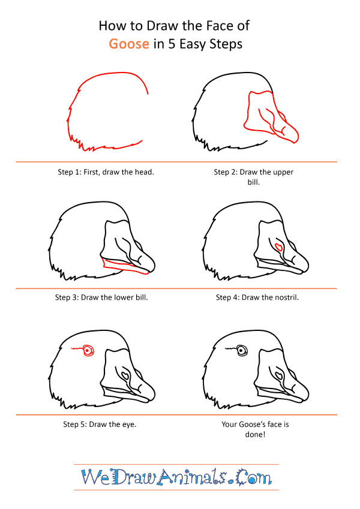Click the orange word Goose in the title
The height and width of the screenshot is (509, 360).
pyautogui.click(x=129, y=44)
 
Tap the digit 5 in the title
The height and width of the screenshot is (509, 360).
pyautogui.click(x=171, y=44)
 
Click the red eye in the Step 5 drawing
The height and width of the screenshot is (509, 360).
pyautogui.click(x=88, y=351)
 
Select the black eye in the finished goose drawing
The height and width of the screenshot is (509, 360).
pyautogui.click(x=241, y=351)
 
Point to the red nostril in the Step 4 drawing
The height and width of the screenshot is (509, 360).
pyautogui.click(x=278, y=248)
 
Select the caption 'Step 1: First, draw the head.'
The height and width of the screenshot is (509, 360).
pyautogui.click(x=106, y=172)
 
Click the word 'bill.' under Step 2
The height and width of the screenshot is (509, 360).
pyautogui.click(x=254, y=182)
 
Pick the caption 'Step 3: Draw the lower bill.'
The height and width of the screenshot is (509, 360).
pyautogui.click(x=101, y=297)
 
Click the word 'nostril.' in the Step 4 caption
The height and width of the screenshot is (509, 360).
pyautogui.click(x=286, y=297)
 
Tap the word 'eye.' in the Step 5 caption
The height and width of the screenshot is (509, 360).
pyautogui.click(x=130, y=424)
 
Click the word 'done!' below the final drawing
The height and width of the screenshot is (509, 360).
pyautogui.click(x=255, y=435)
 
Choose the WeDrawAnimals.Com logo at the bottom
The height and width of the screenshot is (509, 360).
pyautogui.click(x=176, y=477)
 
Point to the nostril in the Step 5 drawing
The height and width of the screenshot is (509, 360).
pyautogui.click(x=125, y=375)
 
